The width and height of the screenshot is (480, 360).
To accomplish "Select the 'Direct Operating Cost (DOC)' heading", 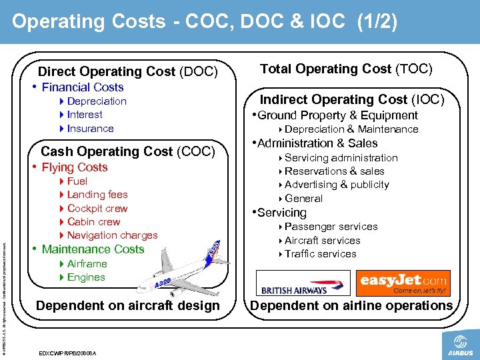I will [127, 71].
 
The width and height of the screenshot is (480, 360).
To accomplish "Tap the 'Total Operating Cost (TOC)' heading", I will [346, 69].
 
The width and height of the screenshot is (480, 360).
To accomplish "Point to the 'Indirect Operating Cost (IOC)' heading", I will [351, 99].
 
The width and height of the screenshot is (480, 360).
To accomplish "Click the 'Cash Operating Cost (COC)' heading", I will [128, 151].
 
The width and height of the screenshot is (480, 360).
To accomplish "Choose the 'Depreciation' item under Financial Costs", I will [96, 101].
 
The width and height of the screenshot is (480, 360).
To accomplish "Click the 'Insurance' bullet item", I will [90, 129].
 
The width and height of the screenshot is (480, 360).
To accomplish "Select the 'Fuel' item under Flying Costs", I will [77, 181].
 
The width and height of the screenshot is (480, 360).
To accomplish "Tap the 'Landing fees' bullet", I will [97, 195].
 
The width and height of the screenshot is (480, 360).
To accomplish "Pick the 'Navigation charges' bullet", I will [112, 235].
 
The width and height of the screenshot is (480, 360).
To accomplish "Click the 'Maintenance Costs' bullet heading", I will [93, 249].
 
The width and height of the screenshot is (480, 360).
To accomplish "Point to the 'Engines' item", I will [86, 277].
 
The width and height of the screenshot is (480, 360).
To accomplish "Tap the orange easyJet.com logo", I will [403, 283].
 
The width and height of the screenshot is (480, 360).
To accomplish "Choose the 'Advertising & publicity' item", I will [337, 185].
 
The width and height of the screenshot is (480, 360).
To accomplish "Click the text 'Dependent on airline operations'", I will [351, 306].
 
